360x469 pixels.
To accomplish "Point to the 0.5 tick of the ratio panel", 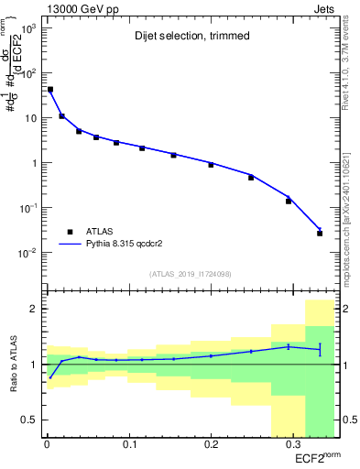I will click(30, 420).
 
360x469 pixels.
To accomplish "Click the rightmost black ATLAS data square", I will click(320, 234).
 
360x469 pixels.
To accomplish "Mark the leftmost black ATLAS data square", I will click(49, 90).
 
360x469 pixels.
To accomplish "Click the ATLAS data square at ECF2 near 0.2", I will click(211, 165).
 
